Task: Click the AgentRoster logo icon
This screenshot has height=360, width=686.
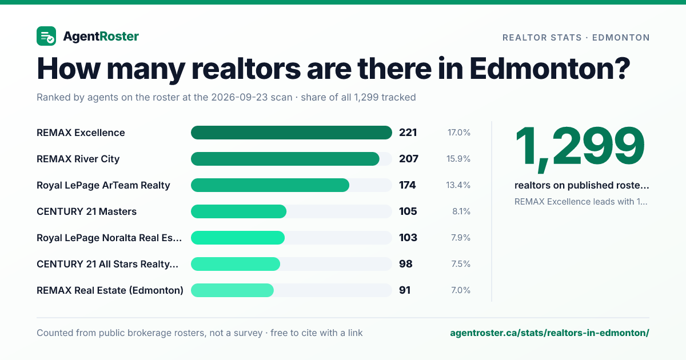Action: (46, 36)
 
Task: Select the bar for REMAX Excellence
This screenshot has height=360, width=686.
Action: (291, 133)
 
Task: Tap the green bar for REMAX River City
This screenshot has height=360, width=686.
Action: (285, 159)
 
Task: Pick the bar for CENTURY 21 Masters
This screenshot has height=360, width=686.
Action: (238, 211)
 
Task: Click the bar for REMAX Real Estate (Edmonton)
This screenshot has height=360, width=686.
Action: (232, 290)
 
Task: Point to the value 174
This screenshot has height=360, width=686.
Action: (407, 185)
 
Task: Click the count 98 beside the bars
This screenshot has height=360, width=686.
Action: (406, 264)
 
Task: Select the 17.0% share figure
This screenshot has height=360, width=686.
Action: (458, 133)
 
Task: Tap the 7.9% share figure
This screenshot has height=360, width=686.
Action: (461, 238)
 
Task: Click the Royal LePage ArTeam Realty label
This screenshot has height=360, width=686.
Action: (103, 185)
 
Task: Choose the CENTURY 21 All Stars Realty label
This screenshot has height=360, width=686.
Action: (107, 264)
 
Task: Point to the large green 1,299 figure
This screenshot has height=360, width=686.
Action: (580, 147)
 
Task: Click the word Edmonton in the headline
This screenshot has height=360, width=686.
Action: (550, 69)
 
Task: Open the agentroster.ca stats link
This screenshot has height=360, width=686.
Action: (549, 333)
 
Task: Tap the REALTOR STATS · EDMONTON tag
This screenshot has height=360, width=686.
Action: (576, 38)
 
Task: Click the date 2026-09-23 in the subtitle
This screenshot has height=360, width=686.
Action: (252, 97)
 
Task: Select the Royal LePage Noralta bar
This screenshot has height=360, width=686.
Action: (238, 238)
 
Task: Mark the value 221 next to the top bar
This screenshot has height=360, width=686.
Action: (408, 133)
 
